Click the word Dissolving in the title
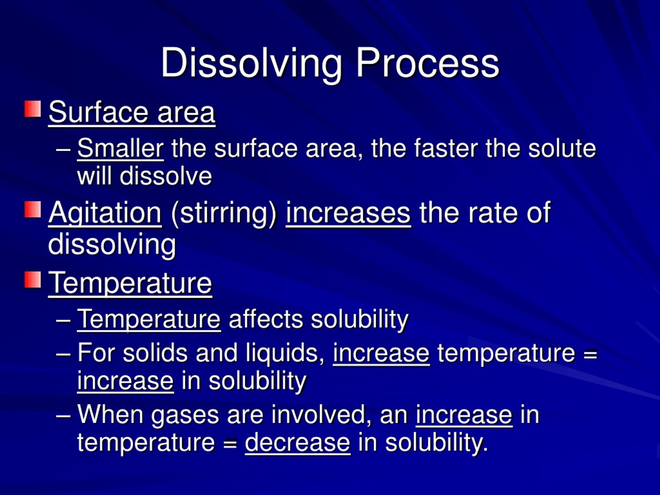(x=251, y=63)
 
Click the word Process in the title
(x=427, y=63)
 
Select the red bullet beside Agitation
(x=32, y=209)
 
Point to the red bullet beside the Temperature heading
(x=32, y=279)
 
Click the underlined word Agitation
(x=105, y=212)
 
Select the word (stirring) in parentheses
(x=224, y=212)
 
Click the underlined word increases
(x=348, y=212)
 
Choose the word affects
(x=266, y=319)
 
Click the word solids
(x=155, y=353)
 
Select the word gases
(x=185, y=415)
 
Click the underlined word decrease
(x=298, y=442)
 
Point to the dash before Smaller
(x=63, y=148)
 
